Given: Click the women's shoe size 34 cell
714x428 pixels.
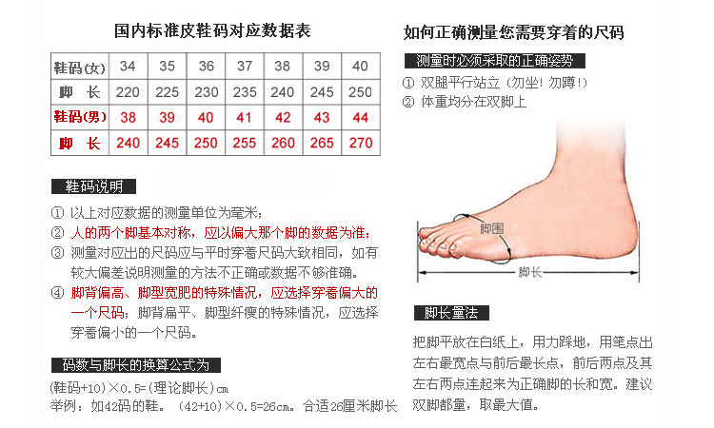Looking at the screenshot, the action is click(128, 67).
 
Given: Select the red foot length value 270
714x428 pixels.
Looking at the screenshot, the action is click(361, 143).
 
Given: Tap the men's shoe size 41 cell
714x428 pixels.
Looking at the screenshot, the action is click(244, 117).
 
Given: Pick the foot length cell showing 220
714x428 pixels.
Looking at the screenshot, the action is click(128, 92).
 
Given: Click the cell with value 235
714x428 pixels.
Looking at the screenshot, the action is click(245, 92).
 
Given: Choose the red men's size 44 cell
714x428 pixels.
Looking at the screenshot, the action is click(361, 117).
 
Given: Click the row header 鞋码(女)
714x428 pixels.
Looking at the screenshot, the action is click(80, 68).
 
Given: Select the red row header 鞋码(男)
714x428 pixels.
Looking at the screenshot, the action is click(80, 117).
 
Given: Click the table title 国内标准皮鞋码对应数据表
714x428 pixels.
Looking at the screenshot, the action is click(212, 31).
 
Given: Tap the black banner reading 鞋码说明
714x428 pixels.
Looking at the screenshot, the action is click(93, 186).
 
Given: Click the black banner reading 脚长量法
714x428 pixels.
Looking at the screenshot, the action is click(451, 313).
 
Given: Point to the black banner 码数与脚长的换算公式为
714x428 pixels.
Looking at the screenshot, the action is click(136, 365).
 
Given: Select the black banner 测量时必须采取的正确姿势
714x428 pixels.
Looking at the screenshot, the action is click(494, 61).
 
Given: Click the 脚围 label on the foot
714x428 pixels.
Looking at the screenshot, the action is click(491, 228).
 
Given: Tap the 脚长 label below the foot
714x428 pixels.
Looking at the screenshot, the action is click(529, 272).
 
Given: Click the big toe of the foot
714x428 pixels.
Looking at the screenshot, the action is click(430, 233).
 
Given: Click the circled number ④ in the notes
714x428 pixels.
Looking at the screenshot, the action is click(57, 292).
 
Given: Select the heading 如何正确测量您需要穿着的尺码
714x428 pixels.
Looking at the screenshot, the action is click(514, 32).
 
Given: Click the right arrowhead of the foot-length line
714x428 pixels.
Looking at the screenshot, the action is click(635, 272).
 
